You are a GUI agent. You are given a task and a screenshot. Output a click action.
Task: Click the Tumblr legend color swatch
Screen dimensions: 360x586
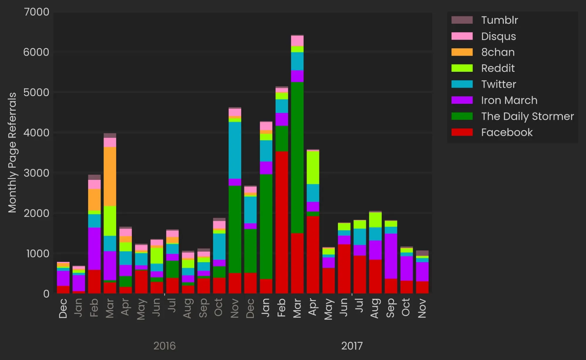pos(462,20)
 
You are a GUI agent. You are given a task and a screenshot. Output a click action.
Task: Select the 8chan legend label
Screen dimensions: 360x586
pos(498,52)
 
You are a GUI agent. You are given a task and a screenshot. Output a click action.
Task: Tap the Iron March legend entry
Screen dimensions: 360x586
pos(509,100)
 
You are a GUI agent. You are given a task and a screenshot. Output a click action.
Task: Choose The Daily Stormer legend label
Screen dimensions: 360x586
pos(527,116)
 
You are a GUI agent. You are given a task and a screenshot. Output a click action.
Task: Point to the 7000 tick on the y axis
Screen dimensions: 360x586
pos(37,12)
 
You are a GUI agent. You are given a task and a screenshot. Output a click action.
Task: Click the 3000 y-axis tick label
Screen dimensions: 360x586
pos(37,173)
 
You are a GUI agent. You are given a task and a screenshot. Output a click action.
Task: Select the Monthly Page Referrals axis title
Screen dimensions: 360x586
pos(12,152)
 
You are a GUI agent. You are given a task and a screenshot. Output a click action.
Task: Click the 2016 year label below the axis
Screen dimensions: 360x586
pos(164,346)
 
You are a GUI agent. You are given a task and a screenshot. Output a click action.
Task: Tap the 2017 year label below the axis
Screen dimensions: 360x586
pos(352,346)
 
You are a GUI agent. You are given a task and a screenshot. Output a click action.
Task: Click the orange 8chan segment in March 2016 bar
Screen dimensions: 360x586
pos(110,176)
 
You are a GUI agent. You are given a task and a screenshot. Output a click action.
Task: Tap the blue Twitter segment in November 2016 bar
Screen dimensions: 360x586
pos(235,150)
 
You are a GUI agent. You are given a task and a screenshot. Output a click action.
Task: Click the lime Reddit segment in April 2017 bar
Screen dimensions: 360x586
pos(313,168)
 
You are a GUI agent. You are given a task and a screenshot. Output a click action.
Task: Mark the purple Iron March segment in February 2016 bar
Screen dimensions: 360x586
pos(94,248)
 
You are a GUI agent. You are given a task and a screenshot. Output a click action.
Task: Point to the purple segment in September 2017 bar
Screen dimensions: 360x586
pos(391,256)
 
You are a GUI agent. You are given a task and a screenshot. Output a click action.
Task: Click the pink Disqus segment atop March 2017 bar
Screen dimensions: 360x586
pos(297,41)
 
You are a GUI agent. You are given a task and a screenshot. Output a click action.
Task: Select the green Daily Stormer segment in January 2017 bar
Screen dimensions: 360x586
pos(266,226)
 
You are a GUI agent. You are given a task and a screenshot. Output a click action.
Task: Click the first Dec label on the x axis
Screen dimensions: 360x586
pos(63,308)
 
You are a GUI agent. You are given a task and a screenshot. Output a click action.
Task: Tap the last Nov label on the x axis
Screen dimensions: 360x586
pos(422,308)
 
